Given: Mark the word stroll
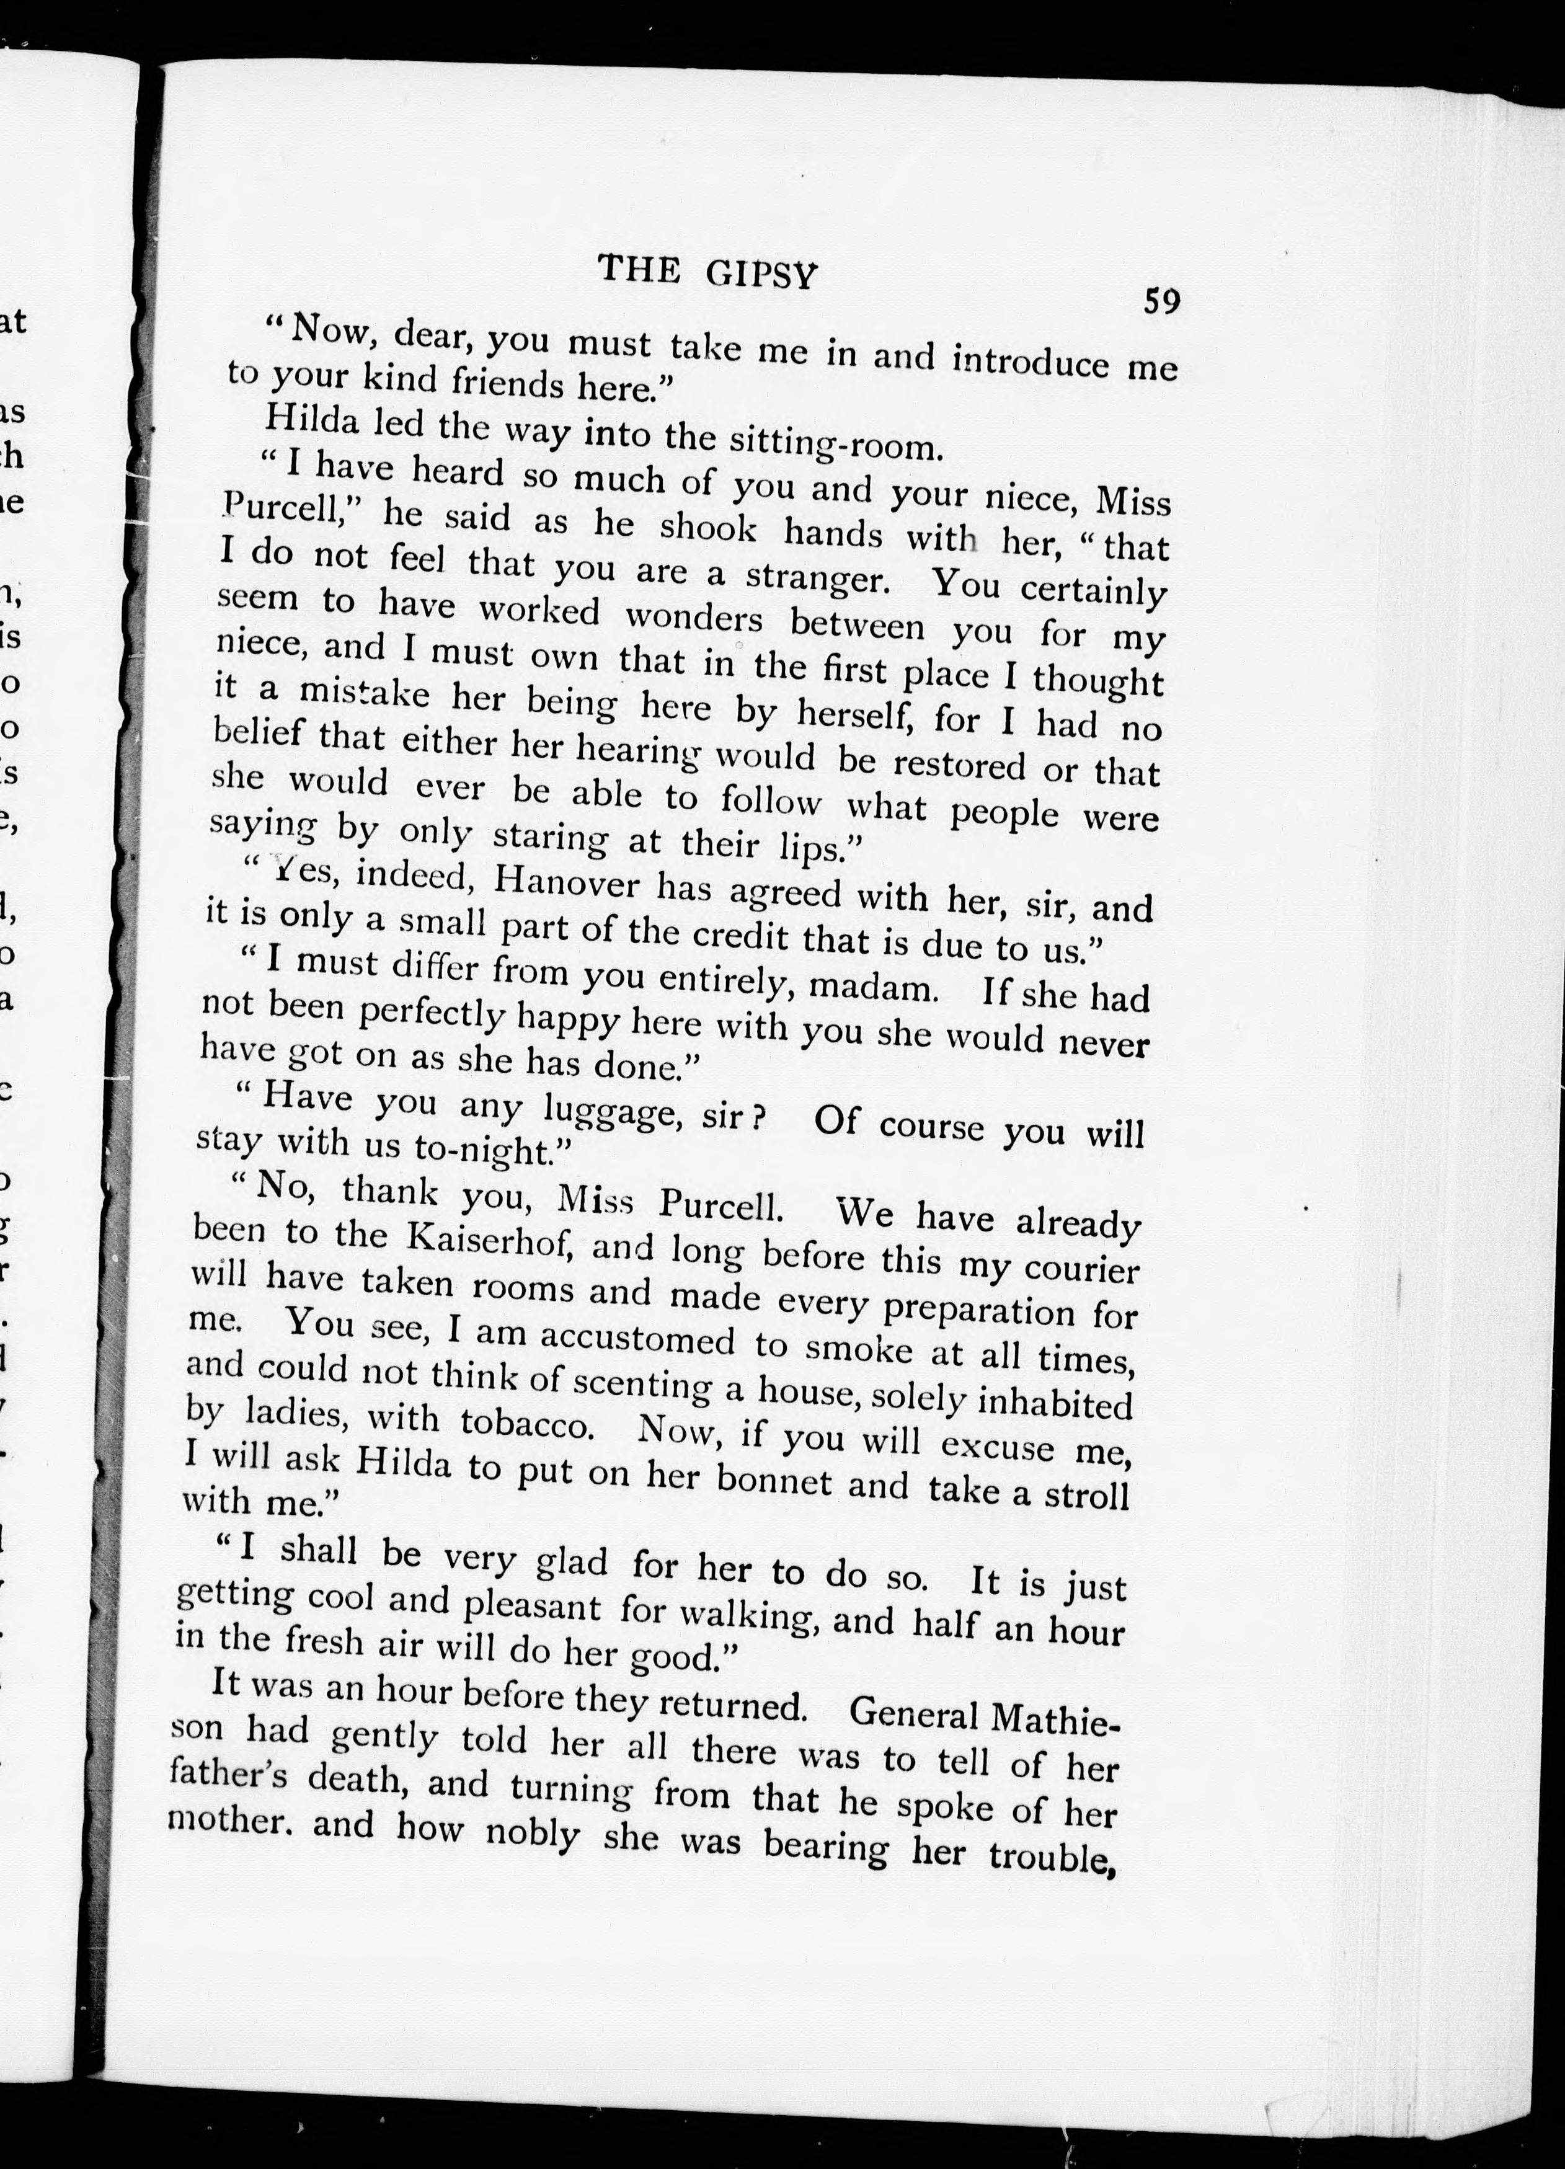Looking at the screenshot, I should [1085, 1496].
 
